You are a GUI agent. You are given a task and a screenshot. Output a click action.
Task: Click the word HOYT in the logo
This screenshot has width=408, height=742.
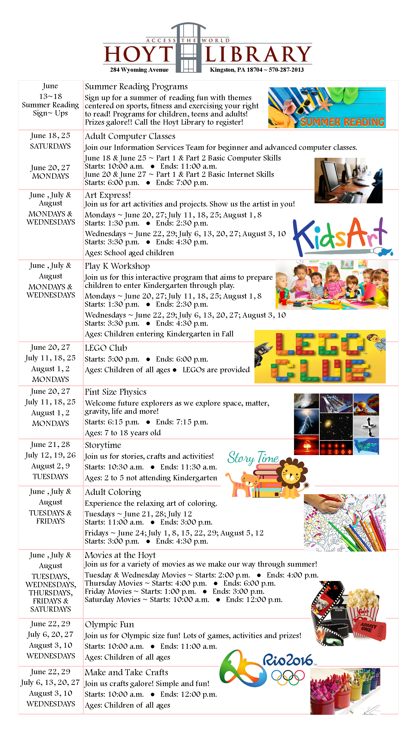[x=138, y=54]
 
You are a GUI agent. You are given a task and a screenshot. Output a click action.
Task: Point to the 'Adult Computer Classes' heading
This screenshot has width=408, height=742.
[x=130, y=136]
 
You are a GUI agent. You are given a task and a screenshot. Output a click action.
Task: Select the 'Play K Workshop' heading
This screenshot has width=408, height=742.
[x=117, y=266]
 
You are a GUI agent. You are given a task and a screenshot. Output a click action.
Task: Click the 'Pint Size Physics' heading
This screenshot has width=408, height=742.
[x=115, y=392]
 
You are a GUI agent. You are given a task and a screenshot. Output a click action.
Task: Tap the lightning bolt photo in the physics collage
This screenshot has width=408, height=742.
[x=306, y=422]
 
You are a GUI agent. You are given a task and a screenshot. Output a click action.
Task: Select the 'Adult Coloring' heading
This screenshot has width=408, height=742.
[x=113, y=492]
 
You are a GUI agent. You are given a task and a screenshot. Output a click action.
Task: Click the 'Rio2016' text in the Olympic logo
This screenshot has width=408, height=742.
[x=288, y=660]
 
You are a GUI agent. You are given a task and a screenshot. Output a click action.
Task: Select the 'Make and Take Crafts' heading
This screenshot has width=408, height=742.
[x=126, y=672]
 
